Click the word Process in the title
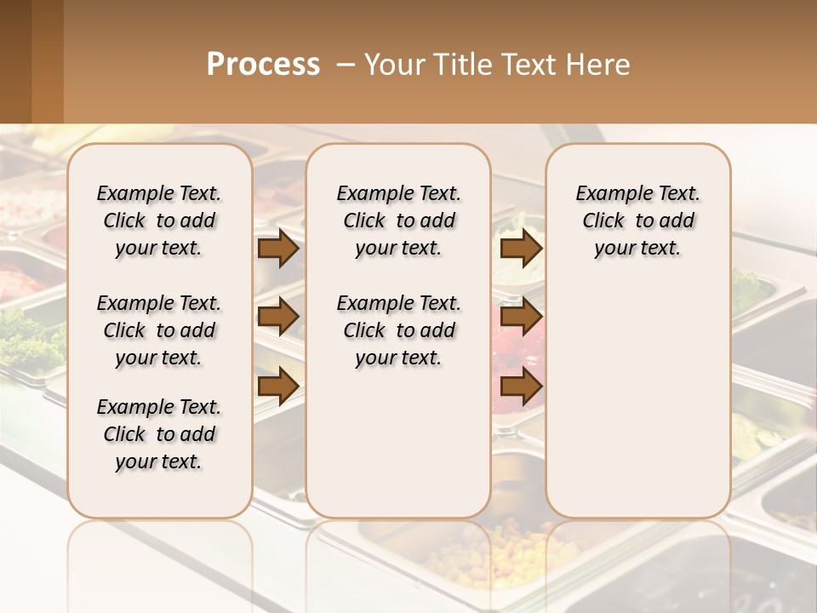tap(263, 65)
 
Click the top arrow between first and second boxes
tap(278, 249)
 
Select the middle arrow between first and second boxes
tap(278, 318)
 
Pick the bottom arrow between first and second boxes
tap(278, 386)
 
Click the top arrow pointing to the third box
tap(521, 249)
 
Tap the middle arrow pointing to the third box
tap(521, 318)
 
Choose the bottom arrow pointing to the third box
tap(521, 386)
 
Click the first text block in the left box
tap(159, 221)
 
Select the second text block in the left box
tap(159, 330)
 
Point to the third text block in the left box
tap(159, 434)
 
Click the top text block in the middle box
tap(399, 221)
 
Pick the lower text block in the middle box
tap(399, 330)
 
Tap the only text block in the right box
tap(638, 221)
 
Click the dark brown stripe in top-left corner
tap(15, 61)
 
